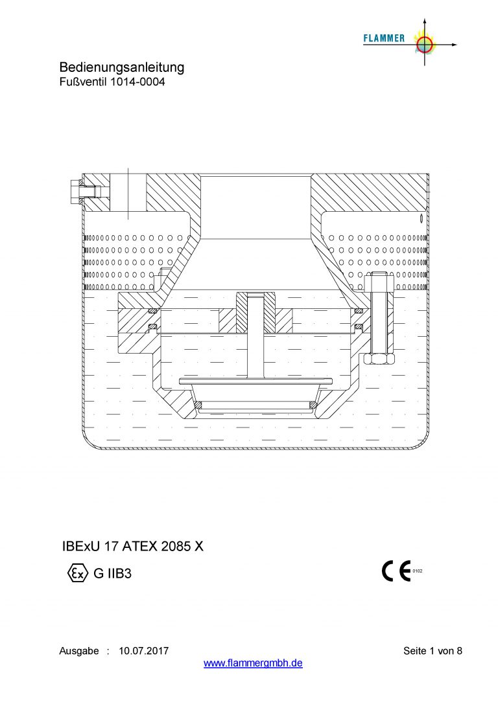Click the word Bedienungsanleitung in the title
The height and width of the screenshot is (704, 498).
(x=121, y=67)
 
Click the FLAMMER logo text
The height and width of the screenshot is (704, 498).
(x=384, y=39)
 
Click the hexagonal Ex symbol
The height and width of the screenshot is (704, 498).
(x=78, y=573)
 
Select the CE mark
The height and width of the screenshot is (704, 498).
(x=396, y=571)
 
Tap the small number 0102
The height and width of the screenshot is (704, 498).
(x=417, y=571)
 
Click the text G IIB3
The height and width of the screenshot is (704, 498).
(x=112, y=573)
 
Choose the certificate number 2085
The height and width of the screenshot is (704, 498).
(x=176, y=547)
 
